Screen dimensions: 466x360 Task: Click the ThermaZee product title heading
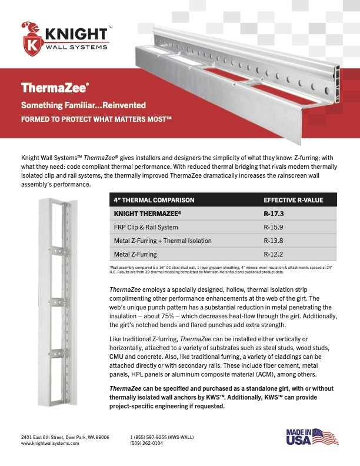tap(55, 88)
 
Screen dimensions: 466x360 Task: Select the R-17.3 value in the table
tap(275, 213)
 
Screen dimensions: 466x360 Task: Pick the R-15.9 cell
tap(275, 227)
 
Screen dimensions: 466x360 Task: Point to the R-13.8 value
tap(275, 241)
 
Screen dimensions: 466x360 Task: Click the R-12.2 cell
tap(275, 254)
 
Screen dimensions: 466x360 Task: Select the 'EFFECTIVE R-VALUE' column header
tap(294, 200)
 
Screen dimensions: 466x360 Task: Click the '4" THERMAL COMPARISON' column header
tap(154, 200)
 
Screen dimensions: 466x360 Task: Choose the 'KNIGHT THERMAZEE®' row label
tap(147, 213)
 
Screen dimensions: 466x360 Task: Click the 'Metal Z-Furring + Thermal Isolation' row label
tap(162, 241)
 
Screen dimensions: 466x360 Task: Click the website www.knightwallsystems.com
tap(50, 443)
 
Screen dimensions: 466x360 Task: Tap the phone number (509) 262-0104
tap(146, 443)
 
